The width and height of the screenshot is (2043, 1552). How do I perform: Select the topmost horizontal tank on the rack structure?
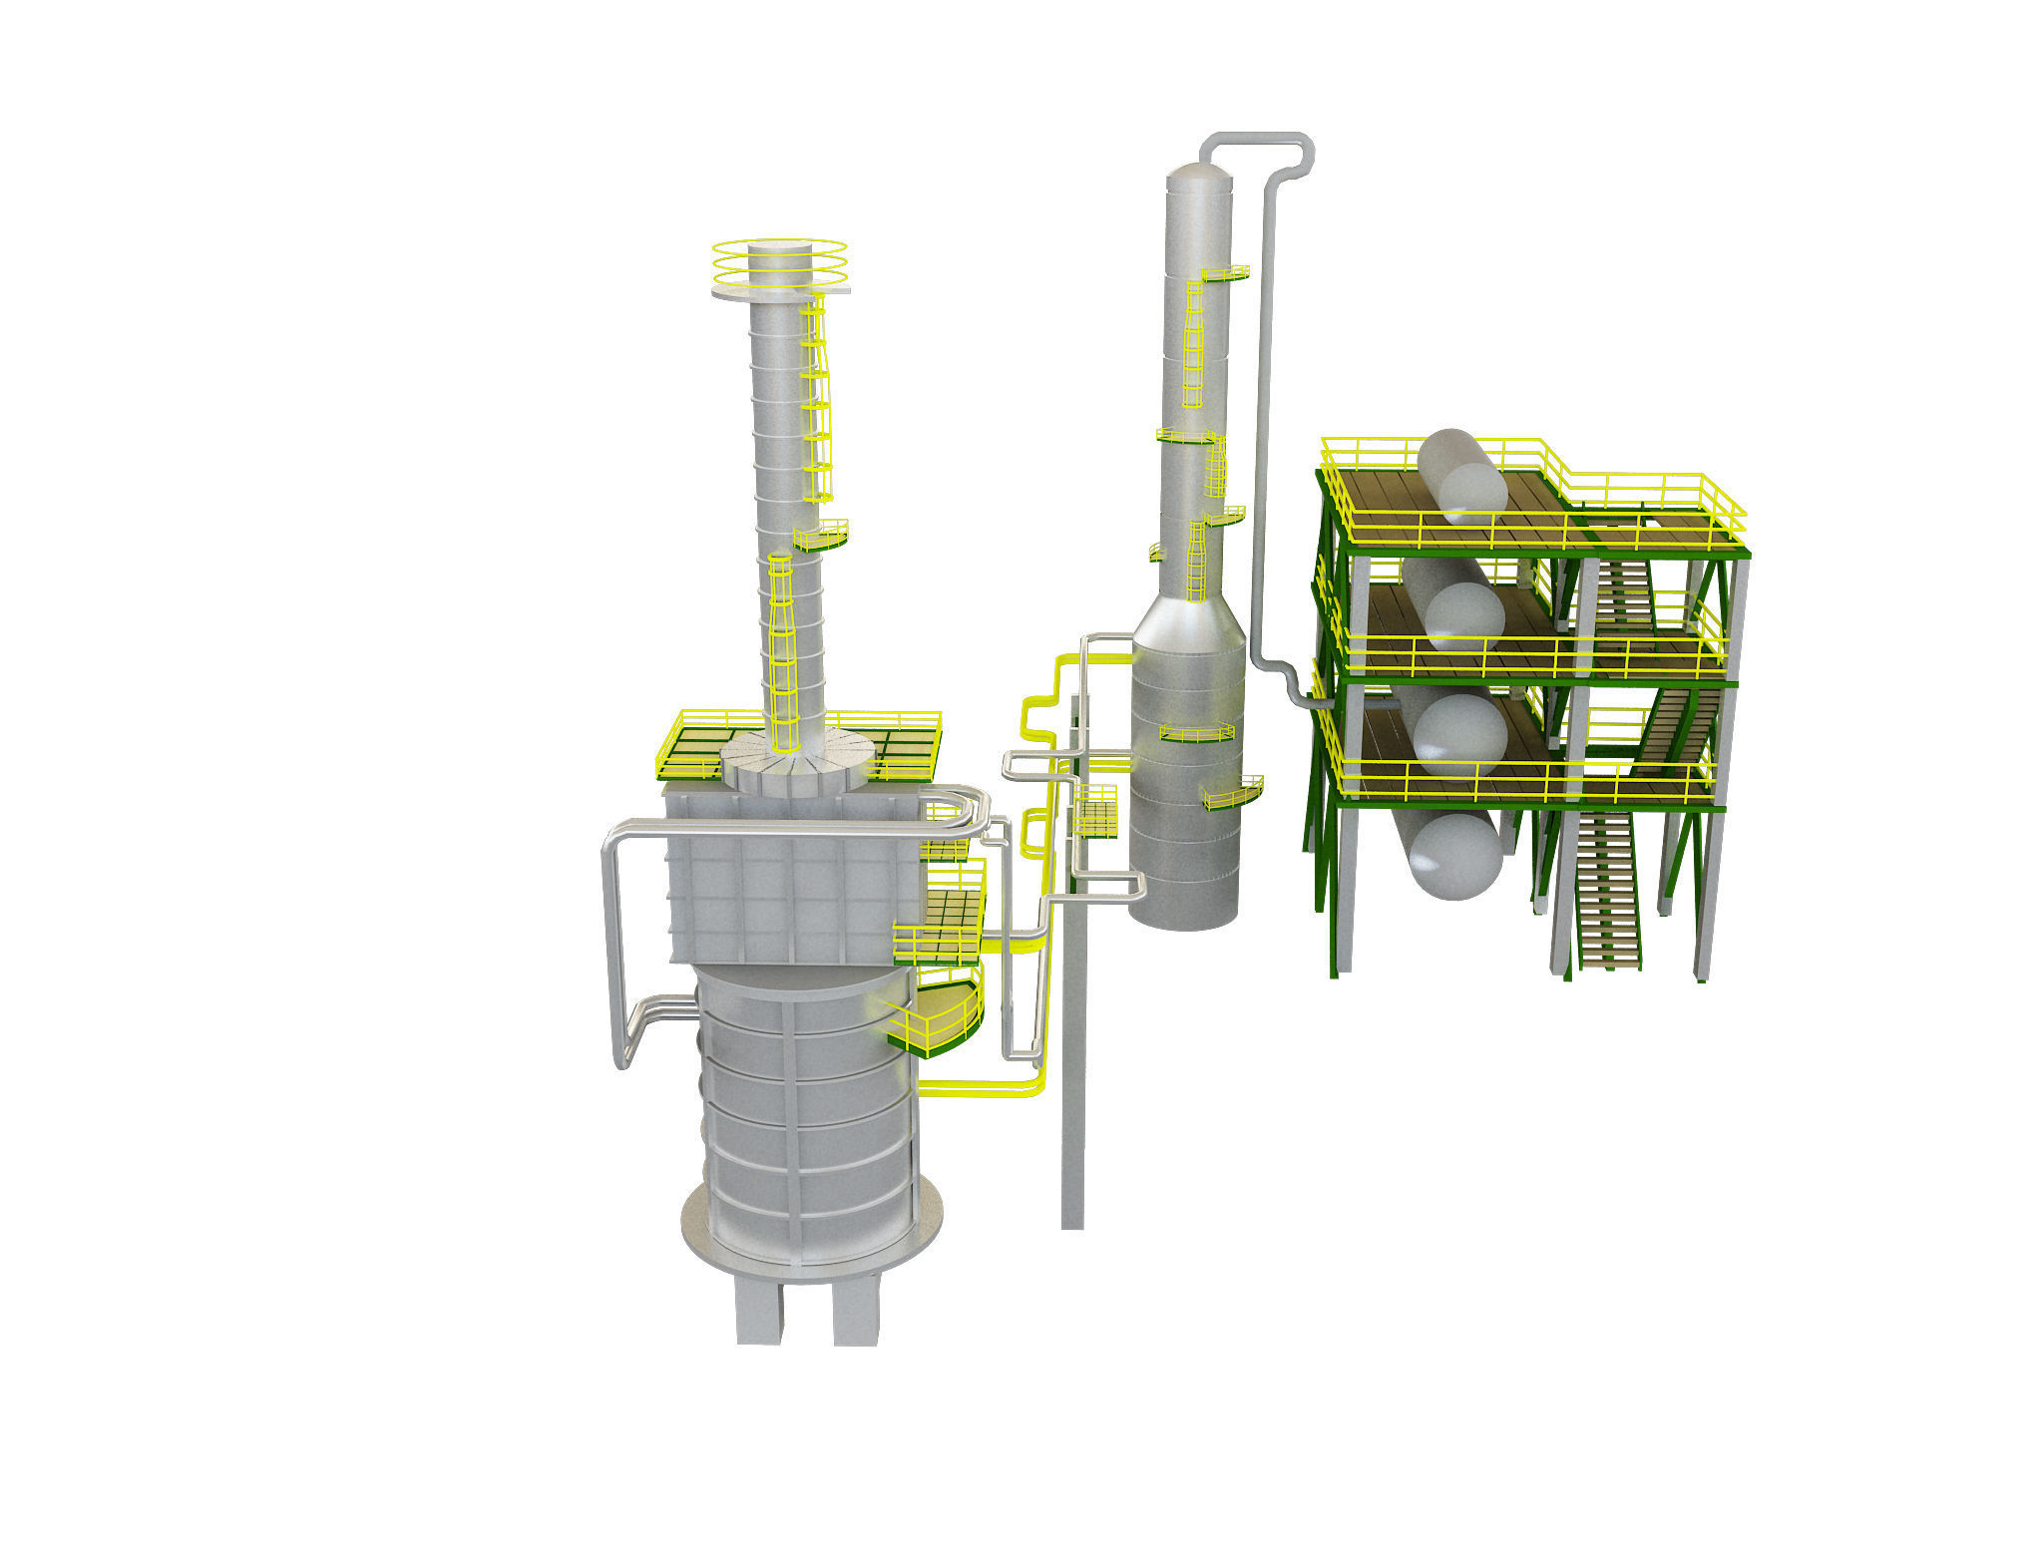(1462, 477)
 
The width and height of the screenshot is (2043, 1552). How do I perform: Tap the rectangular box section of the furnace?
(788, 878)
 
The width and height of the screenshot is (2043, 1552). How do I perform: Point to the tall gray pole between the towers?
(1072, 1097)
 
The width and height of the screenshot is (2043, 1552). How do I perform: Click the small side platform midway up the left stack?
(821, 537)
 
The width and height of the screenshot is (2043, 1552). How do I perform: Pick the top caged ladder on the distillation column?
(1192, 344)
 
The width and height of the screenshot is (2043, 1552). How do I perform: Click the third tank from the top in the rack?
(1458, 733)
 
